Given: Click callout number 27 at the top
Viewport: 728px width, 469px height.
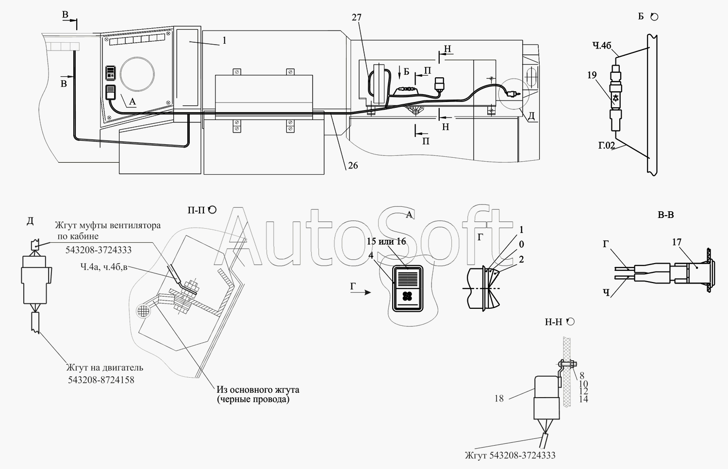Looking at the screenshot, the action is (x=357, y=17).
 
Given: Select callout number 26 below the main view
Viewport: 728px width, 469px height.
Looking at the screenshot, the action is (x=353, y=166).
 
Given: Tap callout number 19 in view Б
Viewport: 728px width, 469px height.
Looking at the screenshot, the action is (x=592, y=75).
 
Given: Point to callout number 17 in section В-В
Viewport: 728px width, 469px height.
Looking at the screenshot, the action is (x=677, y=242).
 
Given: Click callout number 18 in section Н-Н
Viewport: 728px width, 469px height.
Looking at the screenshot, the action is (x=499, y=399).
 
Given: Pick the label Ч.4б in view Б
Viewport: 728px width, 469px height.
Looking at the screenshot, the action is (x=602, y=46).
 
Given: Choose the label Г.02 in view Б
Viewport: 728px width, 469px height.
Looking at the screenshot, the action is (x=607, y=145).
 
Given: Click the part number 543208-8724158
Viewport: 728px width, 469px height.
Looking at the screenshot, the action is (x=101, y=380).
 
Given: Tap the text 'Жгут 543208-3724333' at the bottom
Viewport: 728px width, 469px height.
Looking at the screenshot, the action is (x=510, y=455).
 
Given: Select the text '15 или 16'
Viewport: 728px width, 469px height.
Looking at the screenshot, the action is (x=386, y=241).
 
